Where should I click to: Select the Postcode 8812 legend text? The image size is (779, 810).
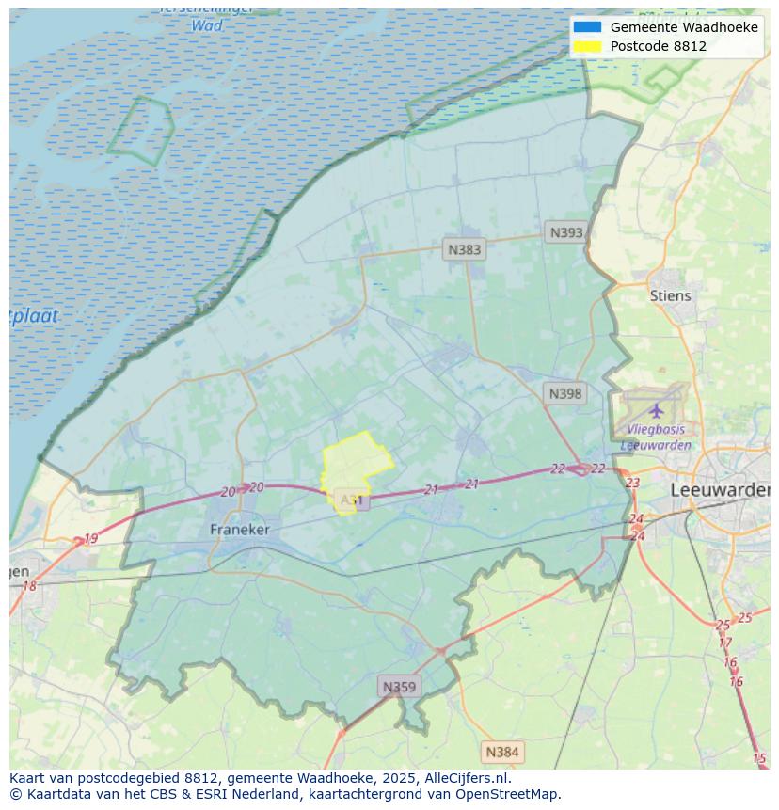click(658, 46)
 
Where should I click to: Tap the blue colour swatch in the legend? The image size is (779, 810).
click(587, 27)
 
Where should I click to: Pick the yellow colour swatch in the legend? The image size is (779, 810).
click(587, 46)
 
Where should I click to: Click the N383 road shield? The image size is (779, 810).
click(464, 249)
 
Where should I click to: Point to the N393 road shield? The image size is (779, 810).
click(566, 232)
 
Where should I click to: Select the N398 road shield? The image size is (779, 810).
click(564, 393)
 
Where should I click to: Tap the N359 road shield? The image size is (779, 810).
click(398, 687)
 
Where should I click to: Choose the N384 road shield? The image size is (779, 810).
click(502, 752)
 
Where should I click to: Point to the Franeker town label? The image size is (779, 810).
click(239, 530)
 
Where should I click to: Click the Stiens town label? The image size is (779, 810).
click(670, 295)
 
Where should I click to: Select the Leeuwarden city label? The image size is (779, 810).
click(720, 490)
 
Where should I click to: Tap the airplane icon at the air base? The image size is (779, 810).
click(656, 411)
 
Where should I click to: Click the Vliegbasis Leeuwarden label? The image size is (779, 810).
click(657, 437)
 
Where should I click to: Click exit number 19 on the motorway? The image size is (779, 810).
click(90, 539)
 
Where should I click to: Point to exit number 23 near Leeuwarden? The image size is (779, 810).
click(632, 483)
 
